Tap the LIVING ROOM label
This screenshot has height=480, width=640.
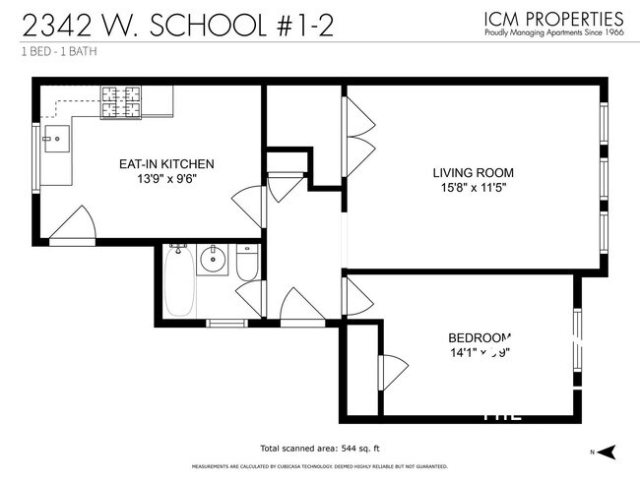coord(473,173)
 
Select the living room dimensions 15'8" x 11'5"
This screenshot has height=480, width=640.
coord(473,190)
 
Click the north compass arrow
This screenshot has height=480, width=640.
coord(608,450)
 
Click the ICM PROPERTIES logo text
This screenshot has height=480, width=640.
coord(552,18)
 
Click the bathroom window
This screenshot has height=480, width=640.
coord(226,322)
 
